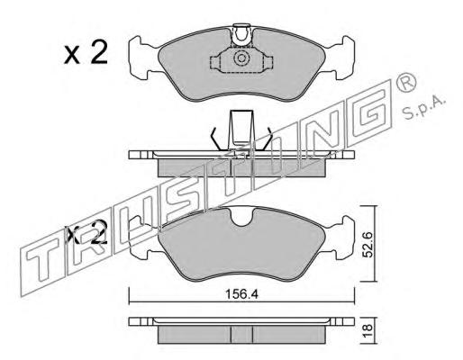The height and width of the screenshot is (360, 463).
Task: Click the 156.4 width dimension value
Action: pos(241,294)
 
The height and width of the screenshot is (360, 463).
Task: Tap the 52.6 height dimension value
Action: pos(368,245)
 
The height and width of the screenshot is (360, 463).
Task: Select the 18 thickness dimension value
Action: pos(368,330)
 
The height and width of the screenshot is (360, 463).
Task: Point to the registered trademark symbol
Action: pos(406,82)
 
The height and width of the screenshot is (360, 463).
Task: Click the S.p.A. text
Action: pos(423,109)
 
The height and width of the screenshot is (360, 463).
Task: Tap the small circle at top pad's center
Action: pos(241,58)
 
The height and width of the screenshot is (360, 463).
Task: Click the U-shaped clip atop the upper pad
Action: pos(241,35)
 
